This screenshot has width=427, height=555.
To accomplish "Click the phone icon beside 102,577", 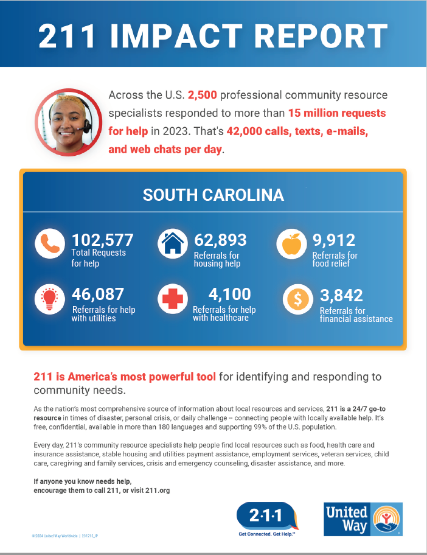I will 50,245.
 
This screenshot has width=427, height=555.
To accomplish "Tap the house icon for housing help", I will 172,245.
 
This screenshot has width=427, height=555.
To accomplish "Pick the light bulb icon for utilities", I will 50,299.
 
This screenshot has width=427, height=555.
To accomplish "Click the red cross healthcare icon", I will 172,299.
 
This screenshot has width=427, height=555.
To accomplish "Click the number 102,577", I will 103,240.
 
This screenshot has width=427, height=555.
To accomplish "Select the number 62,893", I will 220,240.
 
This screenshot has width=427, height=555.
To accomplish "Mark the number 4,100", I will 229,295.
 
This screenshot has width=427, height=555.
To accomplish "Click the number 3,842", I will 341,295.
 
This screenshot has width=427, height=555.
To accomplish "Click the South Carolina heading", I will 213,195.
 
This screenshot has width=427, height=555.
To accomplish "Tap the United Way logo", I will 363,518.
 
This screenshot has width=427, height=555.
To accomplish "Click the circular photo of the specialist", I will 68,122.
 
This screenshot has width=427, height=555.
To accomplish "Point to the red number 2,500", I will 207,96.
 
